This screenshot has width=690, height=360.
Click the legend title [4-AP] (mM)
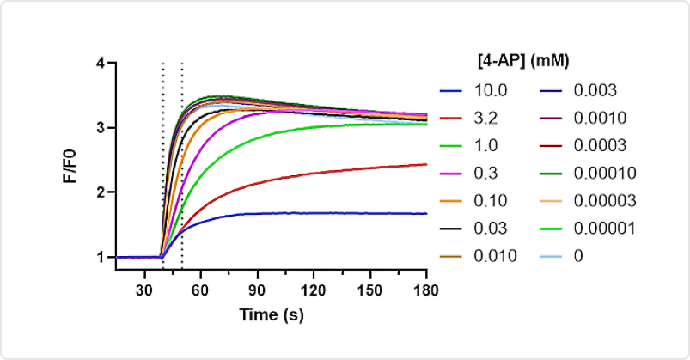tap(524, 61)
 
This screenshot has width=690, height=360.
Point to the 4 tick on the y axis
tap(101, 64)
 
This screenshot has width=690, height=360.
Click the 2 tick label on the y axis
tap(101, 192)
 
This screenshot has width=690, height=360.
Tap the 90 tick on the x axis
tap(257, 290)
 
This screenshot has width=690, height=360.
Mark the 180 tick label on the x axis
tap(426, 290)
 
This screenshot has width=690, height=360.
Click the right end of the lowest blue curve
tap(426, 213)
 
